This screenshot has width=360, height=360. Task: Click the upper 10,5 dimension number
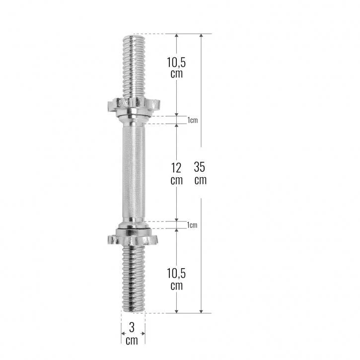176,62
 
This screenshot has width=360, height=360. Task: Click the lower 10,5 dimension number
176,274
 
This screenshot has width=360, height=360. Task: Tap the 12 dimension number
176,168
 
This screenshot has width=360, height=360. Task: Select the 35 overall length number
199,167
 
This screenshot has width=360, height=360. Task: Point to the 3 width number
132,327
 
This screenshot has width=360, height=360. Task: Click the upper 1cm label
192,120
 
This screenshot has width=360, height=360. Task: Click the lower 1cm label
192,225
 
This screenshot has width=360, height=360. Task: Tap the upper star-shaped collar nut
134,106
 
